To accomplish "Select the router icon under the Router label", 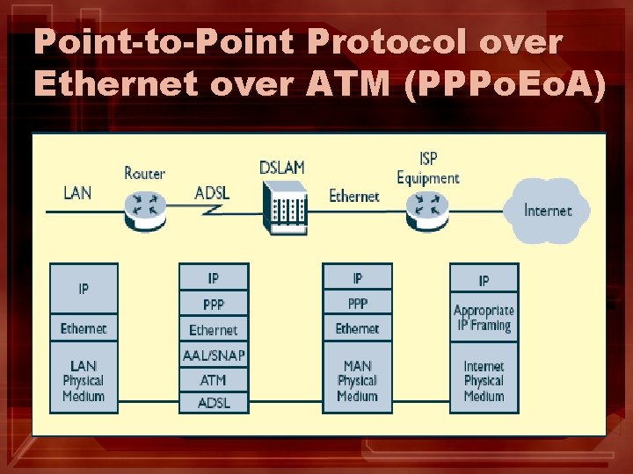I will click(144, 205).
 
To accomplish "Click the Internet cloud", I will click(547, 210).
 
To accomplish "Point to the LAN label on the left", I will click(77, 192).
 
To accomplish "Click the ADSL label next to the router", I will click(212, 192).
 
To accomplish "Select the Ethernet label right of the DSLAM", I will click(353, 196).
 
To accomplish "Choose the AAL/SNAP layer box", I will click(213, 355).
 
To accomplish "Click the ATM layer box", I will click(213, 379).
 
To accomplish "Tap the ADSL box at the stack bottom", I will click(213, 402).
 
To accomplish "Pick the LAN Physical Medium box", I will click(84, 379).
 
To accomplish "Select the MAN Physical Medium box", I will click(357, 379).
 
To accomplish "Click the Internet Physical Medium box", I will click(484, 379).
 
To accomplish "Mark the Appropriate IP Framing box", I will click(484, 318).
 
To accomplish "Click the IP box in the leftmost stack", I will click(84, 288).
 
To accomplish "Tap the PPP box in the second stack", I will click(213, 305).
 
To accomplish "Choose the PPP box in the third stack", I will click(357, 305).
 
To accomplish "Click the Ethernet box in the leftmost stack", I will click(84, 328).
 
